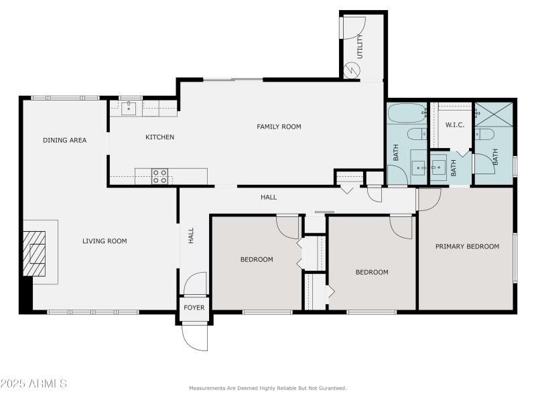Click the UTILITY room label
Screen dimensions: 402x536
(360, 47)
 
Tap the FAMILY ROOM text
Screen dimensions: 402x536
(279, 127)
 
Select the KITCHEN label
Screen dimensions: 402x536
(160, 137)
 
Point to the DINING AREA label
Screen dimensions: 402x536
(65, 140)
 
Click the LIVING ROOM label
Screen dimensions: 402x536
(105, 241)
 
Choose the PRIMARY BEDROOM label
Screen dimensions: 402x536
(467, 247)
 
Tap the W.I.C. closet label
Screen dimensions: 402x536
(455, 125)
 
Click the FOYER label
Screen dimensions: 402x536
(194, 308)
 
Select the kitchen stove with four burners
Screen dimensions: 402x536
(159, 176)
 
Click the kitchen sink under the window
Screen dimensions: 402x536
(129, 109)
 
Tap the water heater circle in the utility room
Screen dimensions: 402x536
(352, 70)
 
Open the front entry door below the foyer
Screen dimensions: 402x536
(194, 337)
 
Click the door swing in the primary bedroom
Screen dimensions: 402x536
(429, 198)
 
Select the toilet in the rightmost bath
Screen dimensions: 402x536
(485, 134)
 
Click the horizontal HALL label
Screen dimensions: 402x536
(269, 198)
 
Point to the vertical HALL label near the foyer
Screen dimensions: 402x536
(191, 235)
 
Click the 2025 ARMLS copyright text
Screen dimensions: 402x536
(33, 384)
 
